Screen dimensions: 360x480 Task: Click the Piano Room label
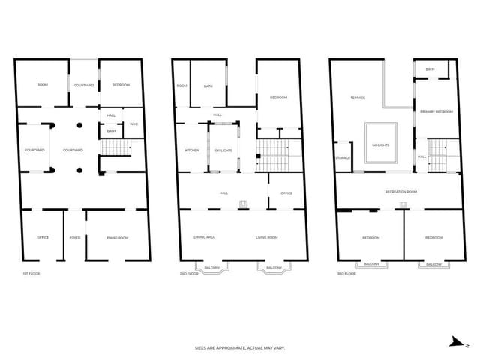click(118, 238)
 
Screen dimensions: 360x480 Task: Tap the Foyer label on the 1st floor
click(75, 238)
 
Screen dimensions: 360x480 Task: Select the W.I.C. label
click(133, 124)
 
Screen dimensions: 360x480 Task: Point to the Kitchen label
click(192, 151)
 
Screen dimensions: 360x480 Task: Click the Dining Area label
click(205, 237)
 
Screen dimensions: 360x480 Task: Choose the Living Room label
click(267, 237)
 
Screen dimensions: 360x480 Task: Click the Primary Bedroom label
click(436, 112)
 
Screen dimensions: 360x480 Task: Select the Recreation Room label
click(401, 193)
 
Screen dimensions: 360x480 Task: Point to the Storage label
click(343, 157)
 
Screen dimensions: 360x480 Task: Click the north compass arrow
click(454, 341)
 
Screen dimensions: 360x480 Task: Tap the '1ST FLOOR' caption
click(31, 274)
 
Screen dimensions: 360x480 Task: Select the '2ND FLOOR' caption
click(187, 274)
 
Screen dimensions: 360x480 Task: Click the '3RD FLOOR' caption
click(345, 274)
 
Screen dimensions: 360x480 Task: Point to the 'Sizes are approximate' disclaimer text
click(240, 348)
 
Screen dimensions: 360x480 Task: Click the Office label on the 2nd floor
click(286, 193)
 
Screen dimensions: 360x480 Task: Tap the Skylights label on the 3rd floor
click(381, 145)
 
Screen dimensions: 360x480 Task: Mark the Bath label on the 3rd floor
click(430, 69)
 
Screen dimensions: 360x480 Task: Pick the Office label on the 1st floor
click(43, 238)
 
